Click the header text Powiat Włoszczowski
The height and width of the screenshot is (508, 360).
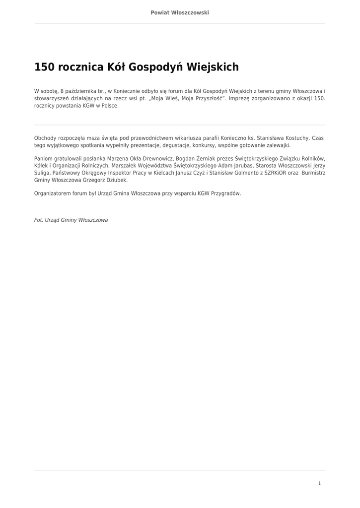(180, 12)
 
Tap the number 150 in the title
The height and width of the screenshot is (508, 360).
(44, 67)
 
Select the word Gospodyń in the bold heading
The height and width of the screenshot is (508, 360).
(156, 67)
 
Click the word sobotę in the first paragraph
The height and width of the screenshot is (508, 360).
(50, 91)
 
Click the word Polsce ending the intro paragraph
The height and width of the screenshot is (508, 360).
(110, 106)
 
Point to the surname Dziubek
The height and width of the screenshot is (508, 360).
(115, 181)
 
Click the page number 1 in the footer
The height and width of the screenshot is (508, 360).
(319, 483)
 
